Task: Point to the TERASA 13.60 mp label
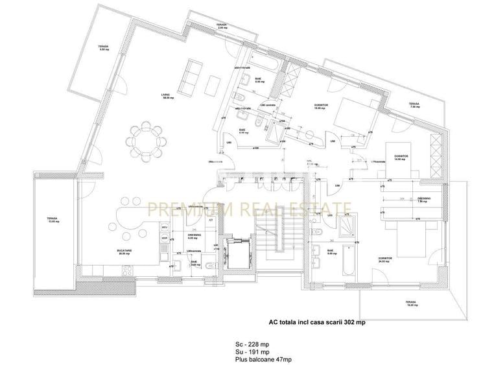tap(52, 220)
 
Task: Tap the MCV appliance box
tap(165, 229)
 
